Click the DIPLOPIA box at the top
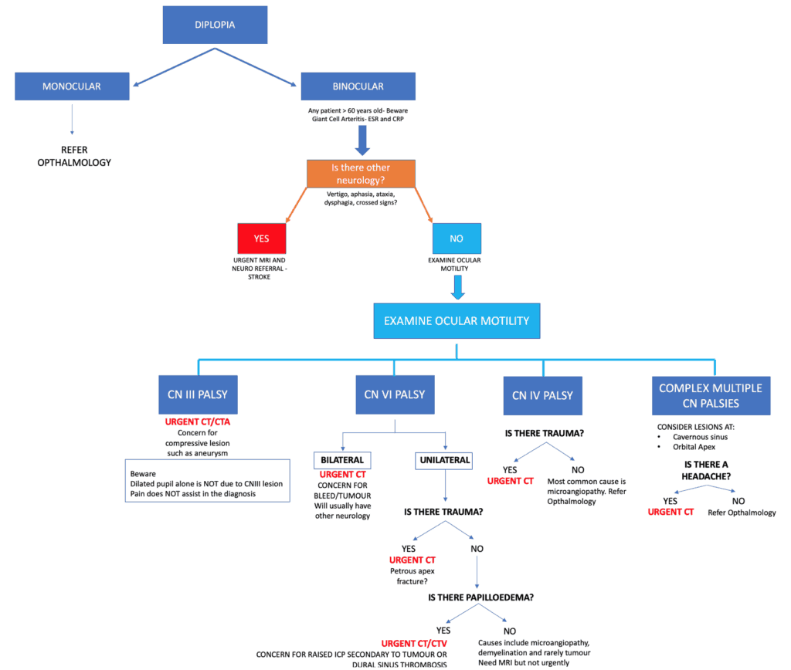(x=215, y=25)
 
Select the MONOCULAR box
(x=71, y=86)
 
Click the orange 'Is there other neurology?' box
(x=361, y=174)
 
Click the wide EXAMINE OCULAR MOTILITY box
(x=457, y=320)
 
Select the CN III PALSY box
(x=197, y=394)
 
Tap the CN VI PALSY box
(x=394, y=394)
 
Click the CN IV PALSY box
(x=542, y=395)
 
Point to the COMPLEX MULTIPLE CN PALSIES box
(x=710, y=394)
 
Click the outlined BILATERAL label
(x=342, y=460)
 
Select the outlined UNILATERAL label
(x=443, y=460)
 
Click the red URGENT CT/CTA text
(x=198, y=423)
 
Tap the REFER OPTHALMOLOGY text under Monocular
(x=75, y=157)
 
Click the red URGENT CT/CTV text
(x=412, y=643)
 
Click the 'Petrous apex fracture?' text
(x=412, y=576)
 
